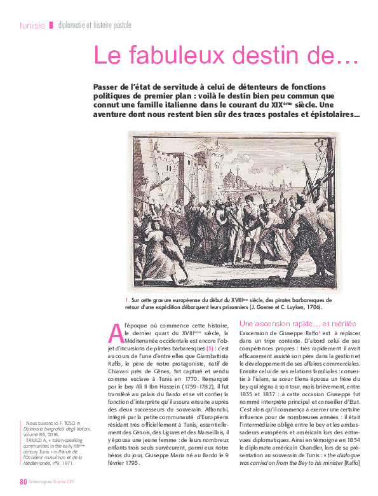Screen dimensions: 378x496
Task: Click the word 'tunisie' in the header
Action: coord(32,25)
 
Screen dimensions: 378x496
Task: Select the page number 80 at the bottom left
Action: coord(23,481)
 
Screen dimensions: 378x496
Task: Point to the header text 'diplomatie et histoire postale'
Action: coord(95,25)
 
